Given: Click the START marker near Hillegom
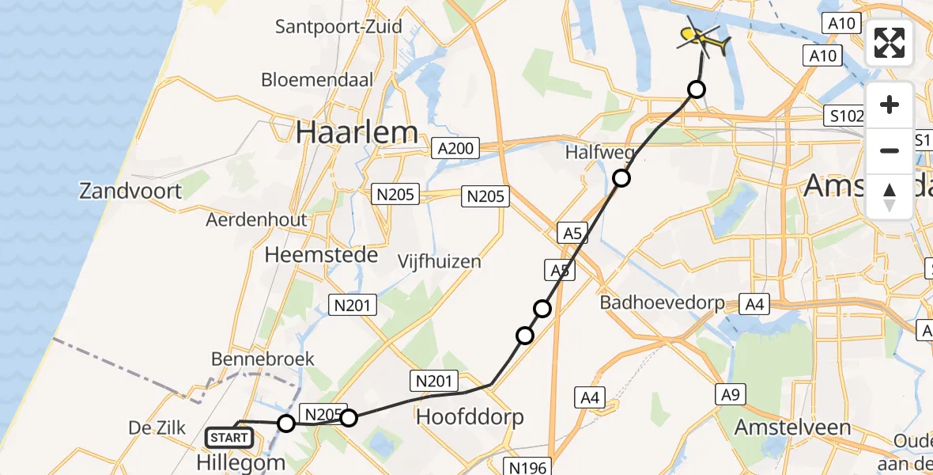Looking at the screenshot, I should tap(229, 437).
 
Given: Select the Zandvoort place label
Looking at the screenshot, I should tap(131, 191).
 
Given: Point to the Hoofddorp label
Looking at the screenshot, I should tap(470, 416).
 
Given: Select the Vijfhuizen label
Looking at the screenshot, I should tap(439, 260).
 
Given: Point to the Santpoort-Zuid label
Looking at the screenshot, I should tap(338, 27).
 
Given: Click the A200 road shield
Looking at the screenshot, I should tap(456, 148).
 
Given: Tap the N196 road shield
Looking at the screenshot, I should tap(526, 467).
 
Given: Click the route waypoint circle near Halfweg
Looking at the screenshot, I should tap(622, 178).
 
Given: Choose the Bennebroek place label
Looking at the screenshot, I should tap(263, 359).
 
